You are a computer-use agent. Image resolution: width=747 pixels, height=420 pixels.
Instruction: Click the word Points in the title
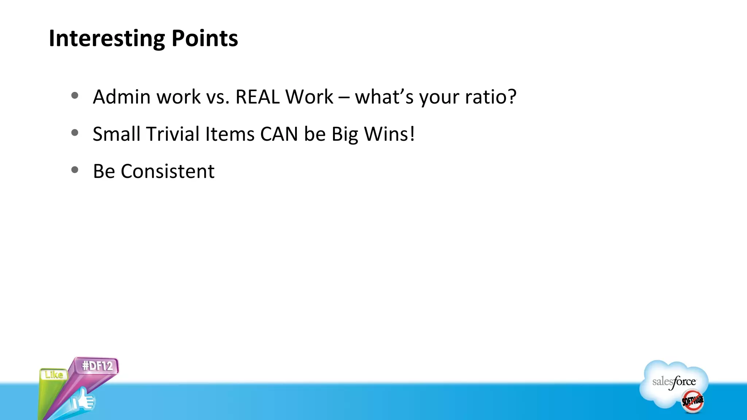[x=205, y=38]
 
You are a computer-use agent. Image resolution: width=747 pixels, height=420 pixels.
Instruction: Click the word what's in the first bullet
[x=384, y=97]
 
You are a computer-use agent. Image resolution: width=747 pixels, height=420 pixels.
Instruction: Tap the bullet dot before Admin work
[x=75, y=96]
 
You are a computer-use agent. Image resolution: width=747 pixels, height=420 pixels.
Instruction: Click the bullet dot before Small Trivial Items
[x=75, y=133]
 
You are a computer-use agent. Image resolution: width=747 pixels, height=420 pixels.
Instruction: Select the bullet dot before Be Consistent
[x=75, y=170]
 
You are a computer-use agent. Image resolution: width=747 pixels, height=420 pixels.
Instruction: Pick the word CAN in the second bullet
[x=279, y=134]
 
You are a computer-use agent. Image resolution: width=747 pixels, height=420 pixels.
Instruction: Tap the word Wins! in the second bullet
[x=389, y=134]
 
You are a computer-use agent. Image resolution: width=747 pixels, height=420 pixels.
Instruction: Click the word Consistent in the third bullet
[x=167, y=171]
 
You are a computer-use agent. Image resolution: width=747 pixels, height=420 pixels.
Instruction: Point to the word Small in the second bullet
[x=116, y=134]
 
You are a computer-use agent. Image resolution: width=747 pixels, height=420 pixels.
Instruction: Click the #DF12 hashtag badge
[x=97, y=366]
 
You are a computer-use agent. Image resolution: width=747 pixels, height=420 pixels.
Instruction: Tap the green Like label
[x=54, y=374]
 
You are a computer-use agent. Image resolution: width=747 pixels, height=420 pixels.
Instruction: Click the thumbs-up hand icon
[x=83, y=400]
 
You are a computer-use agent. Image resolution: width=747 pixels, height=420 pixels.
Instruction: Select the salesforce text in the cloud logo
[x=674, y=382]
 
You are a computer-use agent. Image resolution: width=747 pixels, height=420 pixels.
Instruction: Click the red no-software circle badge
[x=692, y=401]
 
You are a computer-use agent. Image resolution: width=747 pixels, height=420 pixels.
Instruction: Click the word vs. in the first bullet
[x=218, y=97]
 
